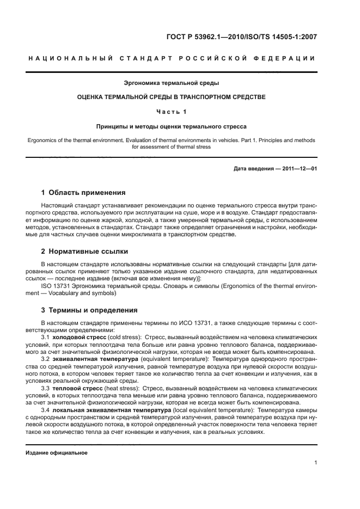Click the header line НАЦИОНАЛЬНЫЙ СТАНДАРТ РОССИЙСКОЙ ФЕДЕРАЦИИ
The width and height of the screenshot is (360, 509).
pos(172,58)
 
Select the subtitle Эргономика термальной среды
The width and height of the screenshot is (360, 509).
pos(172,83)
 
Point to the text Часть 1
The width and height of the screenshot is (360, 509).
pos(172,112)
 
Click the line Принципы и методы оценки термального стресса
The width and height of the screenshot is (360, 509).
pos(172,126)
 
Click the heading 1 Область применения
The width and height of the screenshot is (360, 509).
pos(84,193)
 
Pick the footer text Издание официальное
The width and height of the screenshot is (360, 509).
pos(57,452)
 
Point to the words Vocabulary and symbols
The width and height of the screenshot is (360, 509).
pos(80,292)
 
